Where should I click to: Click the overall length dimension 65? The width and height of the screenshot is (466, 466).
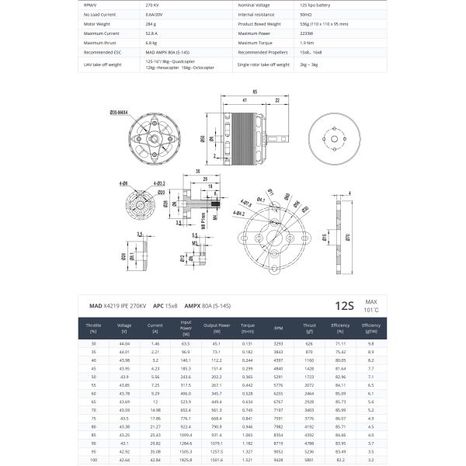[255, 91]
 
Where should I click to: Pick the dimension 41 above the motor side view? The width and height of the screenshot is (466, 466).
[245, 100]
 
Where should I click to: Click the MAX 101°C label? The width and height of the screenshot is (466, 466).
[371, 305]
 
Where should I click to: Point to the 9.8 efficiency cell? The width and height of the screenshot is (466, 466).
[371, 343]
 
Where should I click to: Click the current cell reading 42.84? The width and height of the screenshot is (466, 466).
[155, 458]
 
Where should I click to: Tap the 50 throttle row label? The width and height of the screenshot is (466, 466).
[93, 376]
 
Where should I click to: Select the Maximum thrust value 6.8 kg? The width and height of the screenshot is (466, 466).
[152, 43]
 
